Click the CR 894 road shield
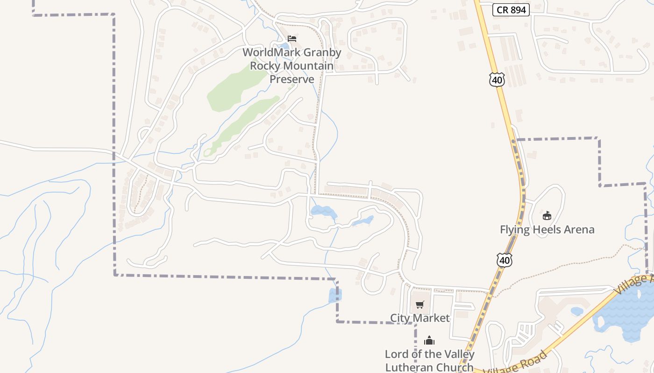(511, 10)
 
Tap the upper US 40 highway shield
(497, 80)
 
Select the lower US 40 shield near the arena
(504, 260)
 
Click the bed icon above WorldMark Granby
(292, 38)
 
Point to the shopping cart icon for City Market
(419, 305)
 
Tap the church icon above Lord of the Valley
(429, 341)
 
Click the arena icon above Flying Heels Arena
(547, 216)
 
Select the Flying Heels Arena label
(547, 229)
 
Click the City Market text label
(420, 318)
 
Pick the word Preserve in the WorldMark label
(292, 79)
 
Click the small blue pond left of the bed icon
(284, 46)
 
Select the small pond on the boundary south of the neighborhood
(334, 295)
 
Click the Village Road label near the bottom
(516, 364)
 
